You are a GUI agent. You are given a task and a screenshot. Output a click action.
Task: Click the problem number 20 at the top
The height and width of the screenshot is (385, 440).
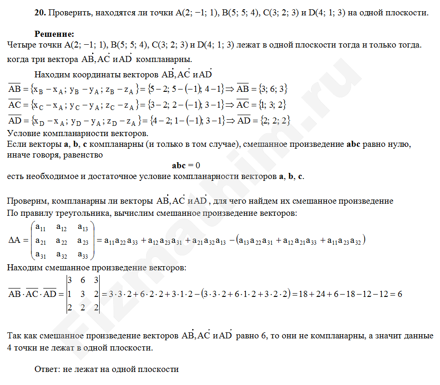coord(40,13)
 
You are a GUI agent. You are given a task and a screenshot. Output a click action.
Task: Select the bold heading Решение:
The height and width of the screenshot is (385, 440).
coord(54,34)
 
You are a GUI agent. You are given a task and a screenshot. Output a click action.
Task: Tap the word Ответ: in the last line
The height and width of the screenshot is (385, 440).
coord(47,369)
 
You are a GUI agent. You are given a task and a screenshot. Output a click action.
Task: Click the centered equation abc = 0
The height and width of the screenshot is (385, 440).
coord(186,165)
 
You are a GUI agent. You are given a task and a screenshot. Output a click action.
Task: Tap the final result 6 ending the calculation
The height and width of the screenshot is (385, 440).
coord(399,295)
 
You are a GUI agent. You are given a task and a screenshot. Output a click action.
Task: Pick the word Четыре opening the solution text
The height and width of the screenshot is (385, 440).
coord(23,45)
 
